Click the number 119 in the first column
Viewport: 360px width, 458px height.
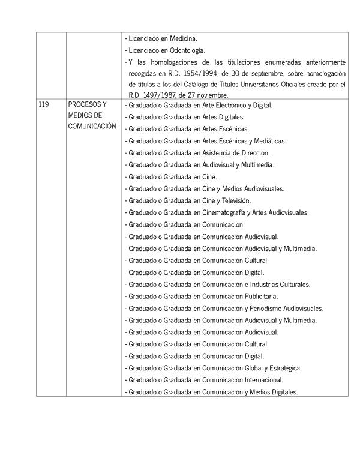click(43, 105)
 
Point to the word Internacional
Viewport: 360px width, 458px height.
click(262, 380)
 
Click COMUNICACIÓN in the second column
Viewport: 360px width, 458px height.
click(92, 126)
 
